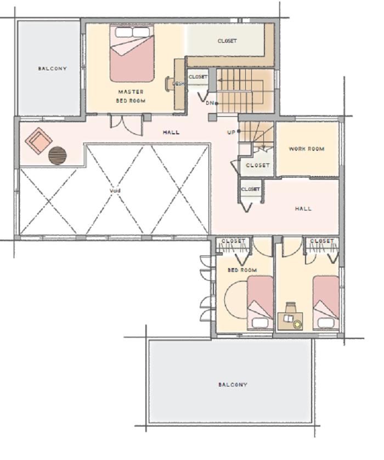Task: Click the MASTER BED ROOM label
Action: tap(131, 96)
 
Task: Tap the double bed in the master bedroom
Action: tap(132, 53)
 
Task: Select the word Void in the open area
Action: tap(115, 191)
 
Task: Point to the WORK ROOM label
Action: tap(307, 149)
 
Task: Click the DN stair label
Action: tap(210, 103)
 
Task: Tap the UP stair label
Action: tap(231, 132)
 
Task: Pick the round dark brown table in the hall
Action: tap(58, 156)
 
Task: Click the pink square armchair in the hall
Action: tap(38, 141)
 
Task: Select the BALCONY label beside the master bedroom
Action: tap(52, 69)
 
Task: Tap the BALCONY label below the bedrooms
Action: tap(233, 384)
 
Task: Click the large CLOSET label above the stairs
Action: tap(227, 41)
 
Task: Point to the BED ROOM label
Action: tap(242, 270)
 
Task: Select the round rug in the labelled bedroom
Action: tap(236, 299)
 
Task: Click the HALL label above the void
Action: tap(171, 132)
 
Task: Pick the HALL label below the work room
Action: tap(303, 208)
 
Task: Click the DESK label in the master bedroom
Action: tap(178, 83)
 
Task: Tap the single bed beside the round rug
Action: tap(260, 303)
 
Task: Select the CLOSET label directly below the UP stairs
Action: tap(257, 165)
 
